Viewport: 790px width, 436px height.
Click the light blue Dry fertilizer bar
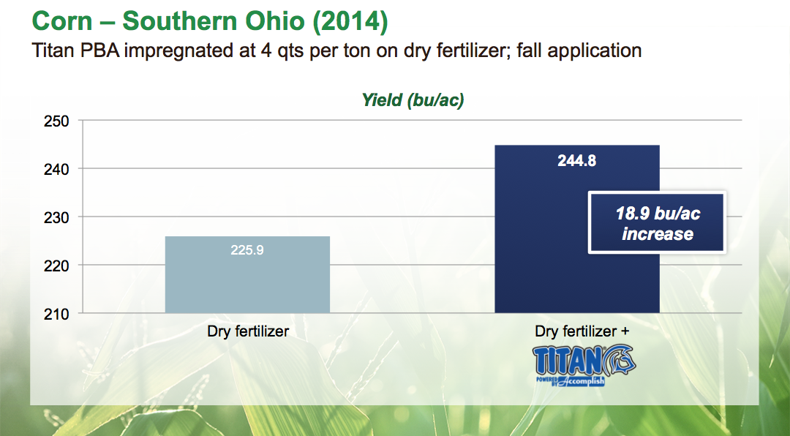click(247, 275)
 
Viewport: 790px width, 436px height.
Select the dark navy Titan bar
click(577, 229)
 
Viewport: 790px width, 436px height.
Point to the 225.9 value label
click(247, 250)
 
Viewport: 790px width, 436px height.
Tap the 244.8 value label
click(577, 160)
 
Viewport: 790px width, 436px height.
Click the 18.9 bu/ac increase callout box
click(657, 222)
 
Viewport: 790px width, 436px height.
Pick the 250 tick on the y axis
click(56, 121)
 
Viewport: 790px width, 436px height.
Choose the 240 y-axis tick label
click(56, 170)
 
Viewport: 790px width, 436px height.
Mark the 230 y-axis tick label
click(56, 218)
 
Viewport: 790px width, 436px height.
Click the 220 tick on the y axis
click(56, 266)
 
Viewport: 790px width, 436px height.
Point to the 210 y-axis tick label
click(56, 314)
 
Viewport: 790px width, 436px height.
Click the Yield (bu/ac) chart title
click(413, 100)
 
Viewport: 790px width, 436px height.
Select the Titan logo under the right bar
click(584, 366)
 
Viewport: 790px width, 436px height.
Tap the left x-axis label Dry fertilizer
click(248, 331)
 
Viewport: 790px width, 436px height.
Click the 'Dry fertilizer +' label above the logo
click(582, 331)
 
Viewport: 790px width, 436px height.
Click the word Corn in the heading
click(62, 21)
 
